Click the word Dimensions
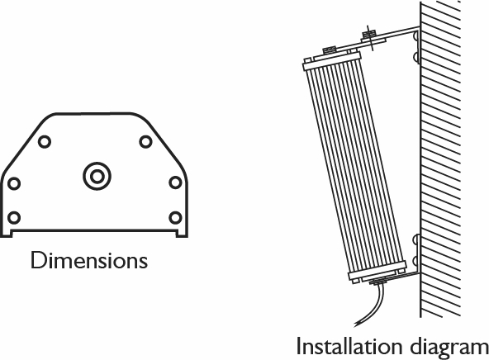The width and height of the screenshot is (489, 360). pos(89,260)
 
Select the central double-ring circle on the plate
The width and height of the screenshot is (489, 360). pos(97,176)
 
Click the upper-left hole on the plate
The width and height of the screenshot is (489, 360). pos(45,142)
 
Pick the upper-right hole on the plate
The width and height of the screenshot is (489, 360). pos(145,142)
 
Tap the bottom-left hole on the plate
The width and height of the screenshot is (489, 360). pos(14,217)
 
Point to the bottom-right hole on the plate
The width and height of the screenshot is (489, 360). pos(175,217)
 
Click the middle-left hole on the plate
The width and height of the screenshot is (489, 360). pos(14,183)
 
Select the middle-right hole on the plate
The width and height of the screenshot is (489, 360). pos(175,182)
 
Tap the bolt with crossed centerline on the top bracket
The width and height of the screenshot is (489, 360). pos(369,37)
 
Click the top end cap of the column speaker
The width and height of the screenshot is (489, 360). pos(332,61)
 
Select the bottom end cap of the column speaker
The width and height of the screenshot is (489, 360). pos(377,271)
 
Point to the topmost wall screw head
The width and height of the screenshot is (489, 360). pos(416,36)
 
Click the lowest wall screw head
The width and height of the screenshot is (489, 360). pos(416,262)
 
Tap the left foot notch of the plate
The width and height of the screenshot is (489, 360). pos(7,233)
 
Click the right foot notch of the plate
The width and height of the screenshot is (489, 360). pos(182,233)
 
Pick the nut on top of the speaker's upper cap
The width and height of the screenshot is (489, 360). pos(329,50)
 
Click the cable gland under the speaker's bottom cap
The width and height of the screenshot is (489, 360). pos(378,282)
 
